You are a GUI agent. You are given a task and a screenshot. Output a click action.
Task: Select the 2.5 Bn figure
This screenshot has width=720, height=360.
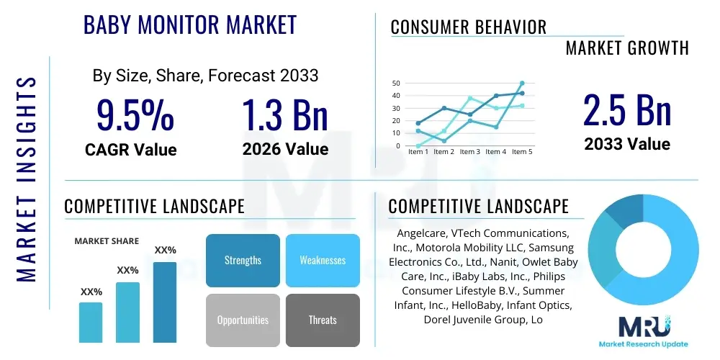coord(627,112)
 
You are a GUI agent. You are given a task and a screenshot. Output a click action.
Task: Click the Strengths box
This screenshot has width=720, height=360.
coord(243,260)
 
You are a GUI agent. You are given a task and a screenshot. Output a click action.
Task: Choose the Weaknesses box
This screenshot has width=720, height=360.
coord(323,260)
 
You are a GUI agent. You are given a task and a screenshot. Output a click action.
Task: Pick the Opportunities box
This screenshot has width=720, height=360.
coord(243,320)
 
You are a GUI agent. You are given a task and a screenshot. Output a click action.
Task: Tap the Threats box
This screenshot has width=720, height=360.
coord(323,320)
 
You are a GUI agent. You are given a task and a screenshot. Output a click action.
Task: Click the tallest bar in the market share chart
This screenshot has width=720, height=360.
coord(165,302)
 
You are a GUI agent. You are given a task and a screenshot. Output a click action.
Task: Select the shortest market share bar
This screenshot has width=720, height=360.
coord(91,322)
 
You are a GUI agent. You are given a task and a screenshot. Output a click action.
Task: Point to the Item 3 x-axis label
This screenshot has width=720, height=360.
coord(469,152)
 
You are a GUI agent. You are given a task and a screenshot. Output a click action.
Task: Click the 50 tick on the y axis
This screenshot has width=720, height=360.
coord(396,84)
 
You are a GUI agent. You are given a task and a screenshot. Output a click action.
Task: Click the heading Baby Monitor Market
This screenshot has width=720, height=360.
coord(190,24)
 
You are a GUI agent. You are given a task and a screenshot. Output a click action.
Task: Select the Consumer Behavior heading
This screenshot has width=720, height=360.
coord(469,27)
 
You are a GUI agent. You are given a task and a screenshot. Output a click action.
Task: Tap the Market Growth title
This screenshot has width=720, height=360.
coord(627,48)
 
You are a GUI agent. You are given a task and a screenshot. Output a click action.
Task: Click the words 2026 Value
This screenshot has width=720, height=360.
coord(285,149)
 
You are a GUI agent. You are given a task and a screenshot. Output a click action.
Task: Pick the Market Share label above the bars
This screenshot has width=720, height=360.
coord(107,241)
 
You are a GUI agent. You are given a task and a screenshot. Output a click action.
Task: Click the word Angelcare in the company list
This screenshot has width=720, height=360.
coord(422,233)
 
